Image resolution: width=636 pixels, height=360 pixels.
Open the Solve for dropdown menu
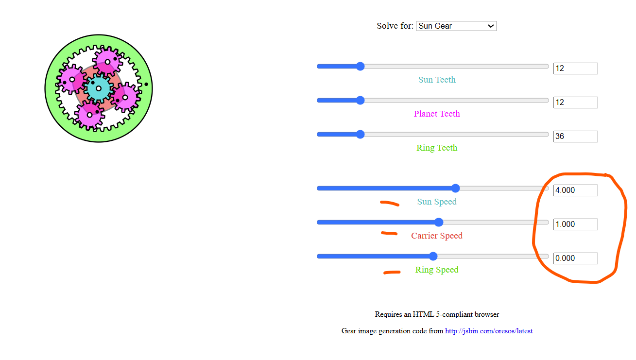pos(456,26)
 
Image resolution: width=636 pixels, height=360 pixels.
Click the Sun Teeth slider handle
pos(361,66)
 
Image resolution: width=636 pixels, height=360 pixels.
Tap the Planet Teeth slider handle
pos(361,100)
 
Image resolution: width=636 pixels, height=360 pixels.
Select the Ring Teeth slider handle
pos(361,134)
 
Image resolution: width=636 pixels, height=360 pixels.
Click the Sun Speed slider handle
pos(455,188)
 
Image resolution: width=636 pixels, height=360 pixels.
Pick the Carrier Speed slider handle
pos(439,223)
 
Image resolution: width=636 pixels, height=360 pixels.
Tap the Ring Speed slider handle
pos(433,257)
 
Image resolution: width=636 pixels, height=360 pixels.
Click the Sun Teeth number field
pos(576,69)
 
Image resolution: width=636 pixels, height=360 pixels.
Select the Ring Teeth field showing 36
pos(576,137)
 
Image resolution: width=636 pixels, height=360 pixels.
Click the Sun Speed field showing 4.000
pos(576,190)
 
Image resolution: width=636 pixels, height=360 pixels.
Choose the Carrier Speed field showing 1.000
pos(576,224)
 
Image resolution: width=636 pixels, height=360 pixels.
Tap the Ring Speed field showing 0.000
pos(576,258)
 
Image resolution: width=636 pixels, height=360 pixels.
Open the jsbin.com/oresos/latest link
pos(489,331)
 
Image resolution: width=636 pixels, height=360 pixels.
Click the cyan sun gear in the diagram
pos(98,88)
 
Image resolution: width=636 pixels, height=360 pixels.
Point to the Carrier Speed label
pos(437,236)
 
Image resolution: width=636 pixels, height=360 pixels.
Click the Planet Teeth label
pos(437,114)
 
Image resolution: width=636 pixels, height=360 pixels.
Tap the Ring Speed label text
pos(437,270)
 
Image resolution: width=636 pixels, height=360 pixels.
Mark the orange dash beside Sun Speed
pos(390,203)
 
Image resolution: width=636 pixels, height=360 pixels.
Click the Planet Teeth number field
pos(576,103)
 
